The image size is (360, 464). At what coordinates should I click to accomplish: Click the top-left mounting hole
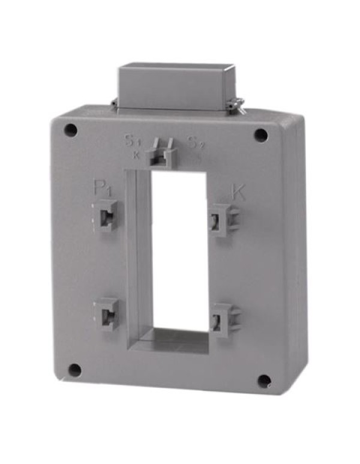(71, 130)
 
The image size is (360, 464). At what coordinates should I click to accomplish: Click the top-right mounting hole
(260, 135)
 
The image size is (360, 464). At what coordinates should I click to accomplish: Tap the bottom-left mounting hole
(74, 370)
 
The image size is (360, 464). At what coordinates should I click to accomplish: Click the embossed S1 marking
(132, 142)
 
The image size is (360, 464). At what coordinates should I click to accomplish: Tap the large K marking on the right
(238, 192)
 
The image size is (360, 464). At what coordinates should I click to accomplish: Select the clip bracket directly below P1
(106, 216)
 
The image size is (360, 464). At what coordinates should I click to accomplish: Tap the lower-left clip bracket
(107, 313)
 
